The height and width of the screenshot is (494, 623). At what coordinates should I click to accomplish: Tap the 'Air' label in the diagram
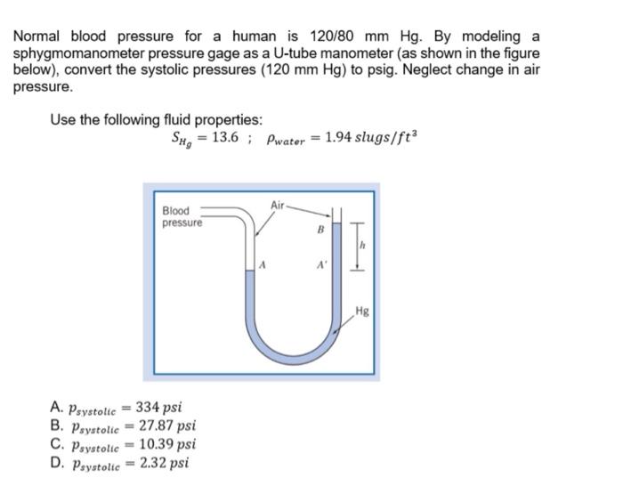tap(279, 205)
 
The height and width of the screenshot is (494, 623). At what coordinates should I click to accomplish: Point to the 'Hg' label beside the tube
tap(361, 311)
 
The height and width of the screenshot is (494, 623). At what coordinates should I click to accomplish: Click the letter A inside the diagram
tap(263, 264)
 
